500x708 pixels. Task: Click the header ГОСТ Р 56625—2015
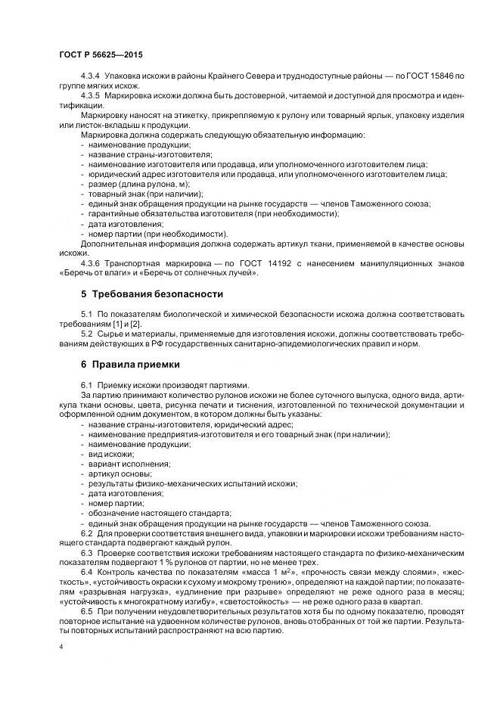point(101,55)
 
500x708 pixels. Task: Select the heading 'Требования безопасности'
point(151,293)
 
